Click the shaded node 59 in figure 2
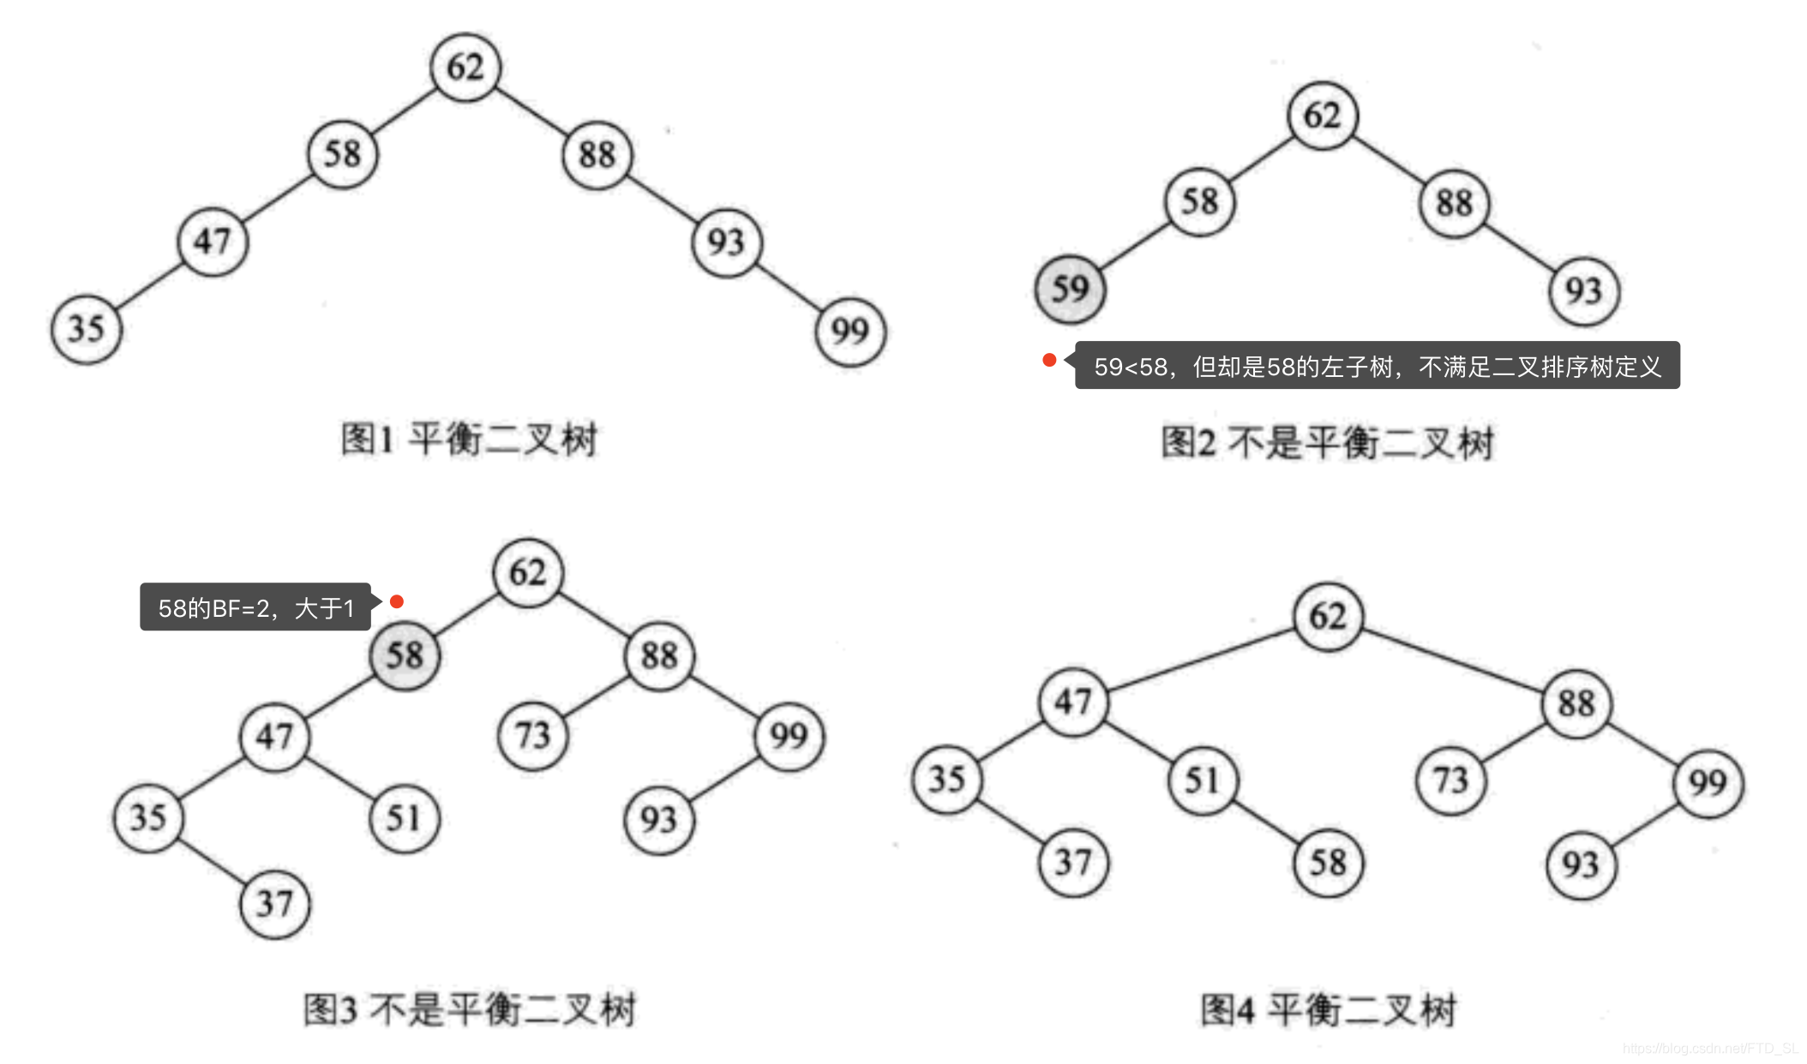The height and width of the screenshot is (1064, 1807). [1070, 289]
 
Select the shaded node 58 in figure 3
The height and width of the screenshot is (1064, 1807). [405, 656]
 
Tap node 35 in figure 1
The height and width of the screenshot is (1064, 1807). [87, 329]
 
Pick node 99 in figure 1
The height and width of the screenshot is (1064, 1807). [849, 332]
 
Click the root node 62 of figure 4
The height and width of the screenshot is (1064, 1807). [1328, 617]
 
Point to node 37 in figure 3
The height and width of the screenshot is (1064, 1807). [274, 904]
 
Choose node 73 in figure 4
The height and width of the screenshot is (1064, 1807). [1451, 780]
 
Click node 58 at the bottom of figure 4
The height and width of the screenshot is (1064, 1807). [1328, 863]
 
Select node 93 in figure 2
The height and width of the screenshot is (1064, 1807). [1583, 291]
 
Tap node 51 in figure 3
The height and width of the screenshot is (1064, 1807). [404, 818]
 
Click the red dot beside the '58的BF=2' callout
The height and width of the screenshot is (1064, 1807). [397, 601]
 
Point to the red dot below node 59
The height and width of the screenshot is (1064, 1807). [1049, 360]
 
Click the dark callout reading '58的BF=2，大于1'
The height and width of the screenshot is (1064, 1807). [255, 607]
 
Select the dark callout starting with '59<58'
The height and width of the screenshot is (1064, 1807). [1377, 366]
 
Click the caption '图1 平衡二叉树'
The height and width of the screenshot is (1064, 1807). [469, 439]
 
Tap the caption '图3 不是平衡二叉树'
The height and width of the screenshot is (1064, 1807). [469, 1009]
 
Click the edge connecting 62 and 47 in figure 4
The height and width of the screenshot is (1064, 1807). [1200, 660]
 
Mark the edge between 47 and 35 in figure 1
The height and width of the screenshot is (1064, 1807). [149, 286]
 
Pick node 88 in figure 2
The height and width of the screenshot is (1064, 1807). [1455, 203]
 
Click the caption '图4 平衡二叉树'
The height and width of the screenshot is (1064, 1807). [1328, 1009]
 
